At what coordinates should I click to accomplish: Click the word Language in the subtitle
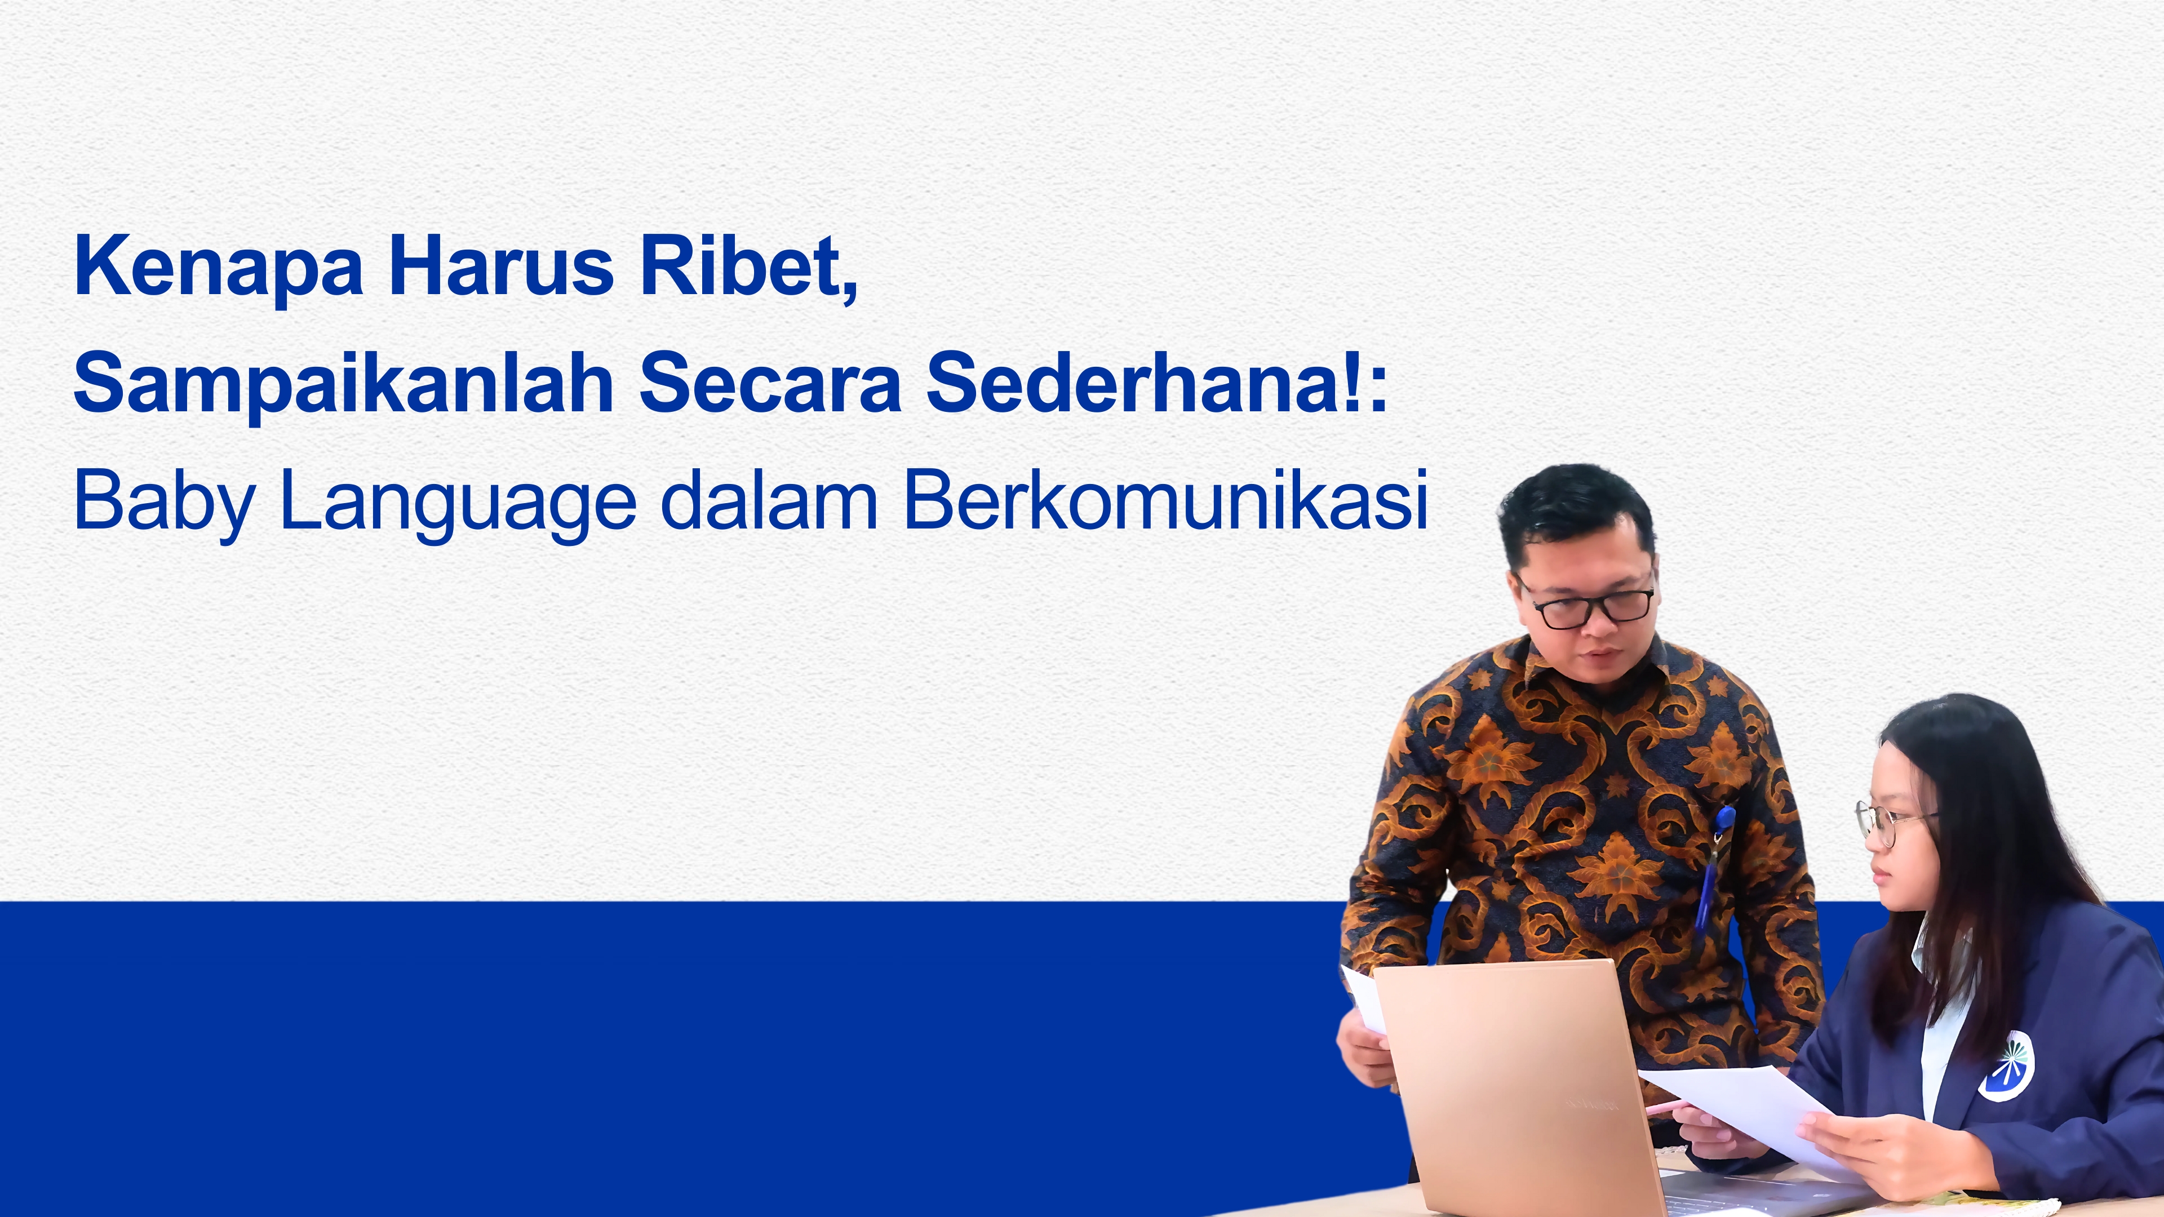coord(458,502)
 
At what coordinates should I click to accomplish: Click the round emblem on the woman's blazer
coord(2006,1066)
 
